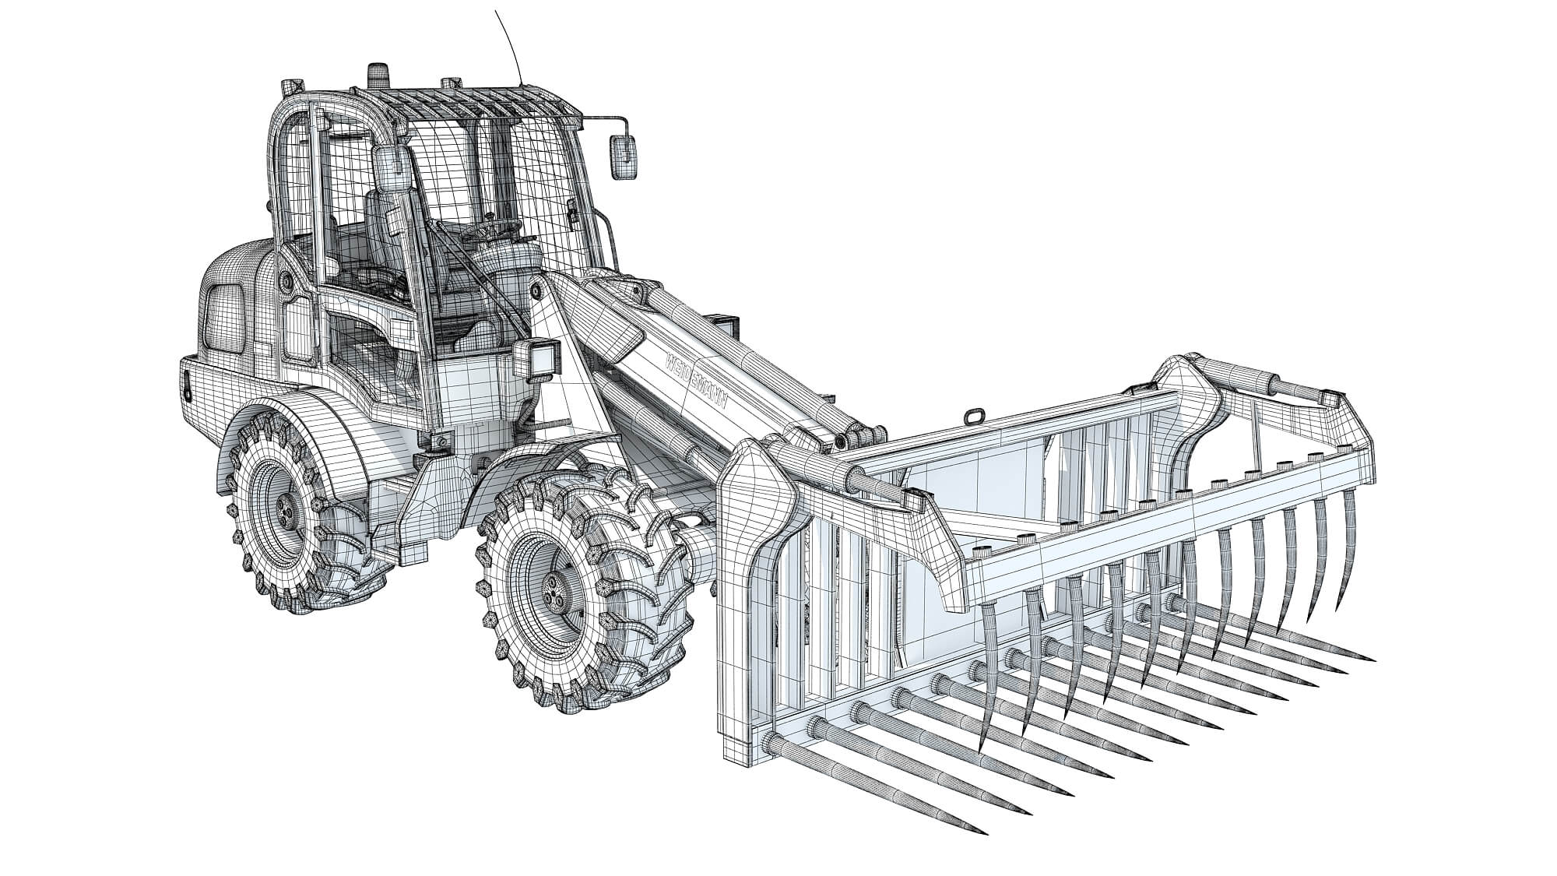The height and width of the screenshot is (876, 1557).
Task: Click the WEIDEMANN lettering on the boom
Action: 698,385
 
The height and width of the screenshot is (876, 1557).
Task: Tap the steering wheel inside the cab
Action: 498,228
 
